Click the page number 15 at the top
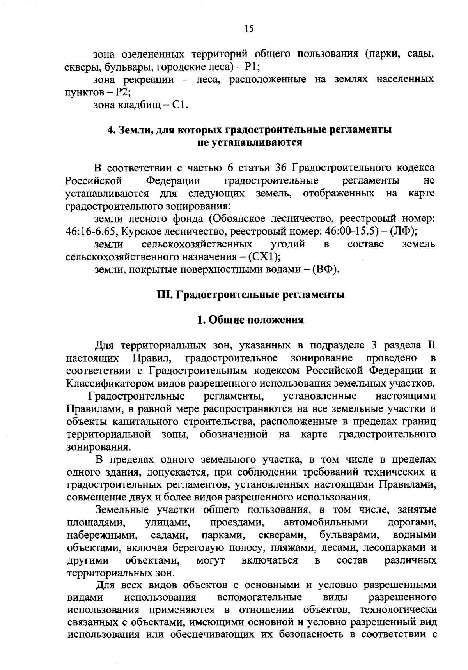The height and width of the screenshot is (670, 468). click(249, 28)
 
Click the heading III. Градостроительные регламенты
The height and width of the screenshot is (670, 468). click(250, 295)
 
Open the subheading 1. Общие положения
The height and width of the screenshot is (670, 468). click(250, 320)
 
